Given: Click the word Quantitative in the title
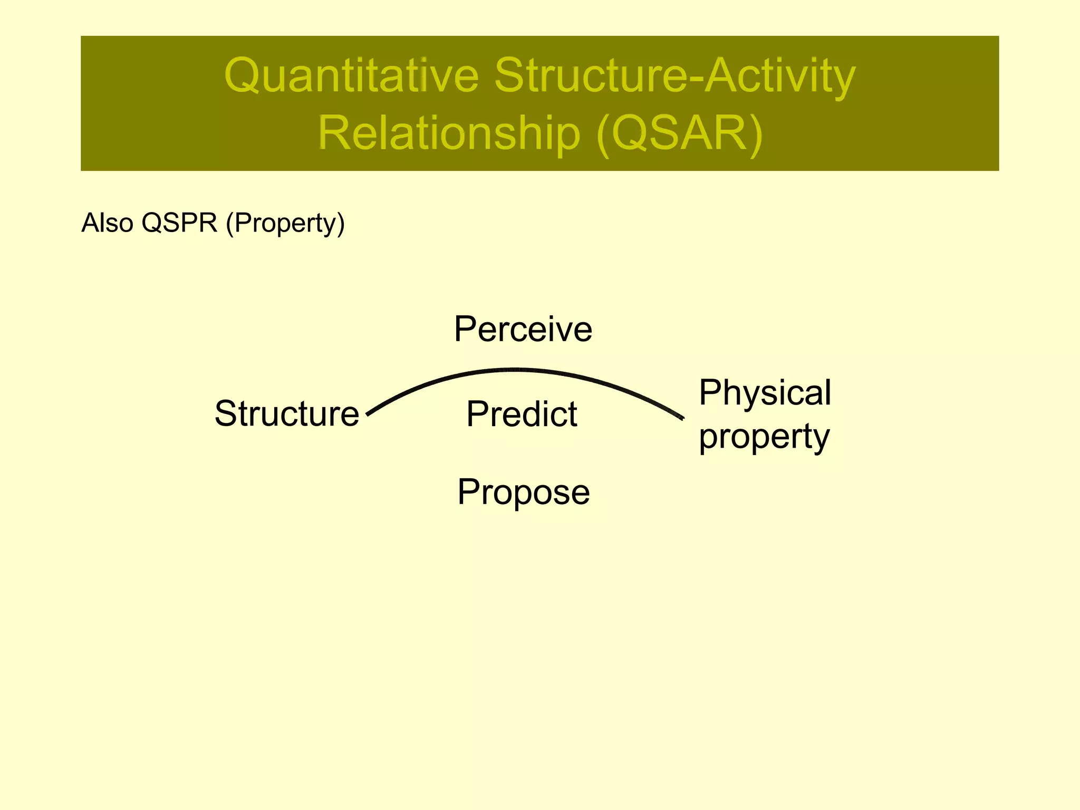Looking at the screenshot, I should (351, 75).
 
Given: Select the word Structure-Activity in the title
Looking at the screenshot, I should (674, 75).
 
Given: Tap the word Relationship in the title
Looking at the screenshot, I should (449, 133).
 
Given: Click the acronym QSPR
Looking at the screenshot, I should (179, 223).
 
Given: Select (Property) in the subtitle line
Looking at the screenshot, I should (285, 223).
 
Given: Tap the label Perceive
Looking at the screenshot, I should (523, 329).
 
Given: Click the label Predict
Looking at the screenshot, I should (522, 414).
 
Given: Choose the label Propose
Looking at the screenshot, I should (523, 492).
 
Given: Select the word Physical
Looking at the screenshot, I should (765, 393).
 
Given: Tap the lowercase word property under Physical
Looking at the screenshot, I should (764, 437).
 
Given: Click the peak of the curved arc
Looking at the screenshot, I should (514, 370).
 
